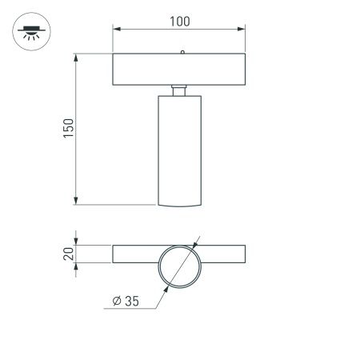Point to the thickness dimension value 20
[68, 254]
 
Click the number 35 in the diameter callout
[131, 301]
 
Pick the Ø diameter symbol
[117, 301]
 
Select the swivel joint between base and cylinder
[180, 88]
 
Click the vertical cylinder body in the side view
[180, 148]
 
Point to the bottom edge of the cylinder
[180, 206]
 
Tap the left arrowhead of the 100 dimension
[116, 30]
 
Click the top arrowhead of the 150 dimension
[76, 58]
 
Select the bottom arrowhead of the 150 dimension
[76, 201]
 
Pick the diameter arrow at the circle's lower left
[164, 284]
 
